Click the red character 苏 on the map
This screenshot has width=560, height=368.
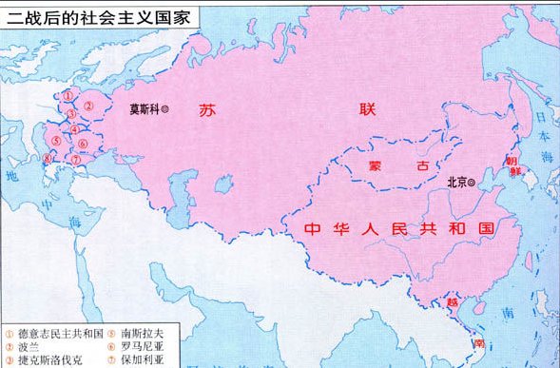[x=208, y=110]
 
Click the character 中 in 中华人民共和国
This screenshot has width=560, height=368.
[x=311, y=229]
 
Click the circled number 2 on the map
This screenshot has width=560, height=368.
[x=87, y=107]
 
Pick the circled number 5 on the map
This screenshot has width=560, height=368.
[x=56, y=142]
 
